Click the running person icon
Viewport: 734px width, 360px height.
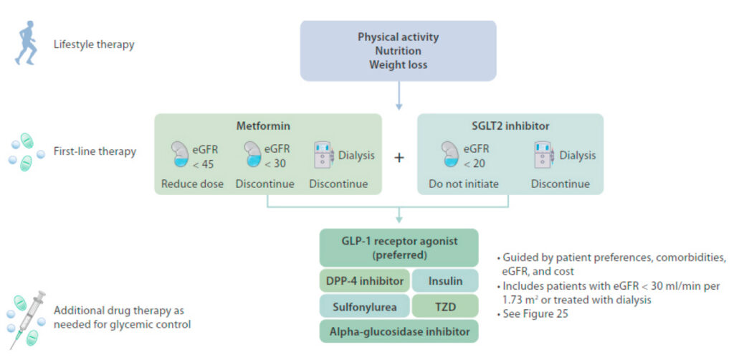25,42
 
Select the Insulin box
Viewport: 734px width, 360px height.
445,281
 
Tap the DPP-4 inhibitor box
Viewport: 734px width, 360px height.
365,281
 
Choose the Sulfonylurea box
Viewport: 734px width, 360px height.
365,307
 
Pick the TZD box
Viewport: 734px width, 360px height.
445,307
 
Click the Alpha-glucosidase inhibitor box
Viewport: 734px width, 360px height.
399,332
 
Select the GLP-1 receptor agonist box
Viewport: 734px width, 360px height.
399,248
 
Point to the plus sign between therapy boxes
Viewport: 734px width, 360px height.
399,157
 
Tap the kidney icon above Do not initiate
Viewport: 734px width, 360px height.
449,153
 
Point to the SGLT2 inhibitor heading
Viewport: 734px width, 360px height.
510,126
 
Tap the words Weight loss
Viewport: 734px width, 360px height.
399,65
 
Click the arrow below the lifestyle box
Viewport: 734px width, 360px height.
399,96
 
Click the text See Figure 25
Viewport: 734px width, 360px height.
533,313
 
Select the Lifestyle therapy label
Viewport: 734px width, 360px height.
94,45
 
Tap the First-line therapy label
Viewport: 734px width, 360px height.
95,152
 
